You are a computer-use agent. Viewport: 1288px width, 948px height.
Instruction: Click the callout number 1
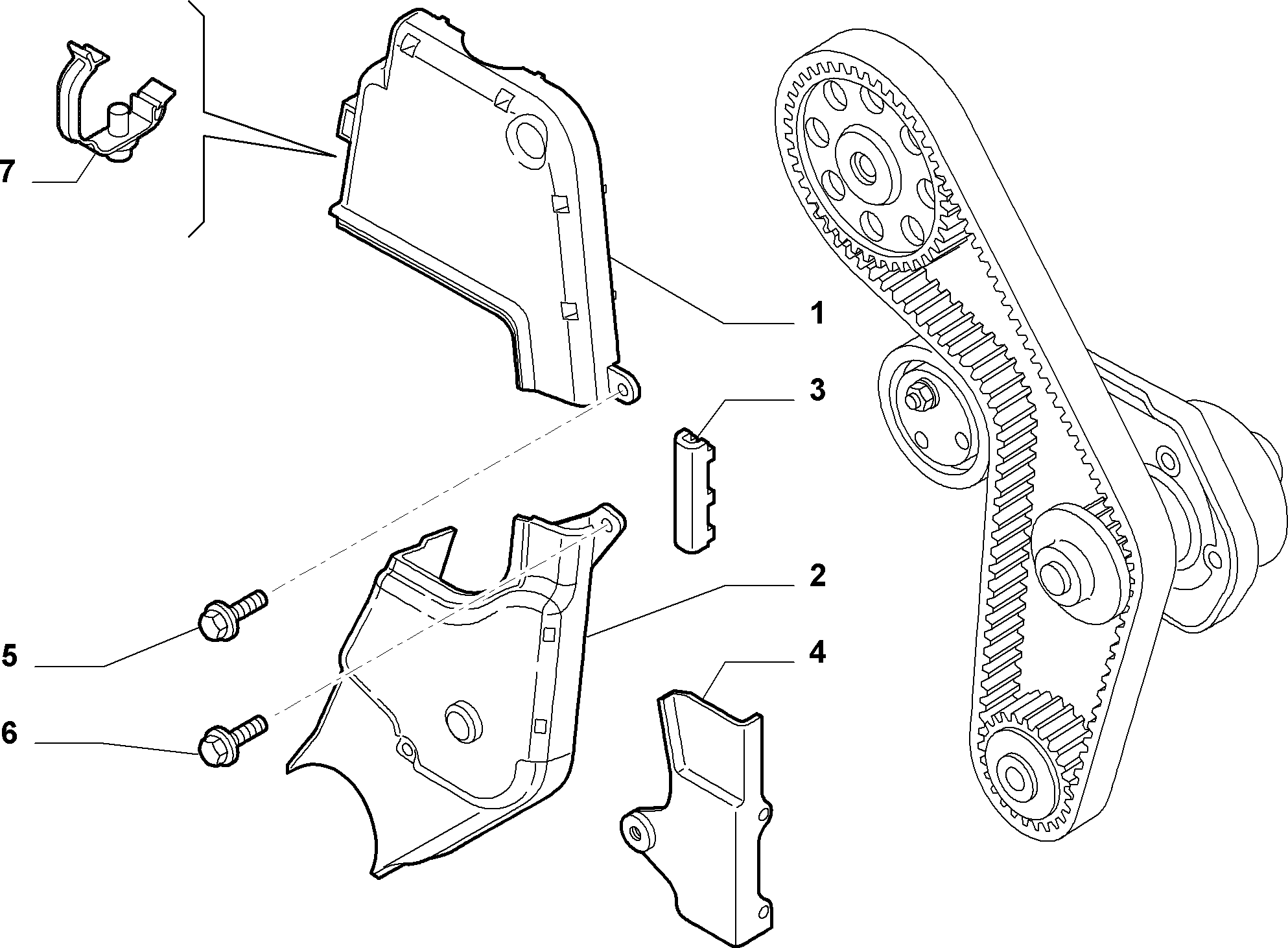(x=818, y=314)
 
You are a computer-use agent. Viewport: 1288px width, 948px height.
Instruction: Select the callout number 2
(x=818, y=575)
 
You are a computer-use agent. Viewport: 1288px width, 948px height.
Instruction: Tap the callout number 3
(x=818, y=391)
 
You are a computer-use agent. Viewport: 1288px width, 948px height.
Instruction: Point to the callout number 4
(x=818, y=652)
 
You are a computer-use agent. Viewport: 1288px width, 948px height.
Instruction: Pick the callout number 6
(x=9, y=733)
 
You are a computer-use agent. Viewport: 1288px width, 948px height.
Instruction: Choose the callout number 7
(x=7, y=172)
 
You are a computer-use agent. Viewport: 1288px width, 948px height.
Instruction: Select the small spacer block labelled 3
(x=694, y=490)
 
